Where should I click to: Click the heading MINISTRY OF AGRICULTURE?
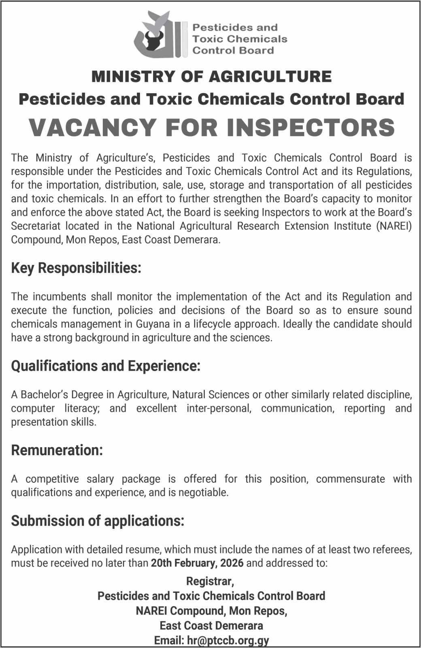[212, 77]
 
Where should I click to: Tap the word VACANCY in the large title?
[92, 127]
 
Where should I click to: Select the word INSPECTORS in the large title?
[310, 127]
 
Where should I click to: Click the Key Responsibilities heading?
[76, 268]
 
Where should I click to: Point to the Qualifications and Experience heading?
[106, 366]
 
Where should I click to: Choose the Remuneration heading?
[57, 450]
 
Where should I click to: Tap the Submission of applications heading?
[98, 521]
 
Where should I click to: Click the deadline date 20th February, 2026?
[197, 563]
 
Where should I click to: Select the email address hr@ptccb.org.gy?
[228, 641]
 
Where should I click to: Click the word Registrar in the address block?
[210, 582]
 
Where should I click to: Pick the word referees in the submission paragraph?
[393, 550]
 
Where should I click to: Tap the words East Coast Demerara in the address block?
[211, 626]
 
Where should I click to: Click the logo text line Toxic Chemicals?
[240, 39]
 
